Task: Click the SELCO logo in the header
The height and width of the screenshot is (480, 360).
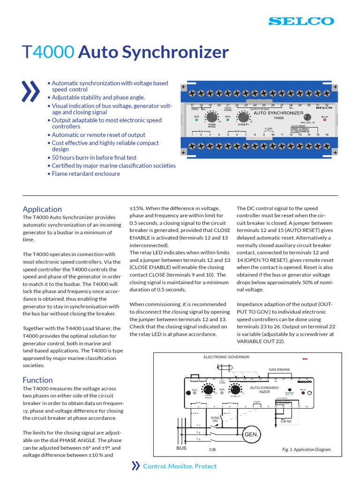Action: pyautogui.click(x=301, y=21)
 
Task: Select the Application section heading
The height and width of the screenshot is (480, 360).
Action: pyautogui.click(x=42, y=209)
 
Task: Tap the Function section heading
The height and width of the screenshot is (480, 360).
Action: pyautogui.click(x=37, y=380)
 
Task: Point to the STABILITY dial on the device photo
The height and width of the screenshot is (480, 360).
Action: pyautogui.click(x=243, y=116)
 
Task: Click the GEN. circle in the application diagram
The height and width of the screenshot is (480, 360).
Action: pyautogui.click(x=251, y=435)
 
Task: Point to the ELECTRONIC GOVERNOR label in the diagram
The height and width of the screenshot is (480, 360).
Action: pyautogui.click(x=226, y=357)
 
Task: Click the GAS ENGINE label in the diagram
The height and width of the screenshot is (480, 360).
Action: pyautogui.click(x=279, y=370)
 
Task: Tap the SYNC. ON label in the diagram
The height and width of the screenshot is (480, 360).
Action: pyautogui.click(x=215, y=419)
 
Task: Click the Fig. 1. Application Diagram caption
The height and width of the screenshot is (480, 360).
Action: pyautogui.click(x=307, y=450)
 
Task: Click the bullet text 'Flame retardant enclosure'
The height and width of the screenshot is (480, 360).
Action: pyautogui.click(x=86, y=173)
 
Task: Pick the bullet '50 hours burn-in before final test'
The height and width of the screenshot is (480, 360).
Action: pyautogui.click(x=94, y=157)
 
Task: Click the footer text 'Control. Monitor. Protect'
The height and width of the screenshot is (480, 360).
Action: pyautogui.click(x=180, y=466)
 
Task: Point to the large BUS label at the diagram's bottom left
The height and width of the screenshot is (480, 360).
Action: pyautogui.click(x=181, y=448)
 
